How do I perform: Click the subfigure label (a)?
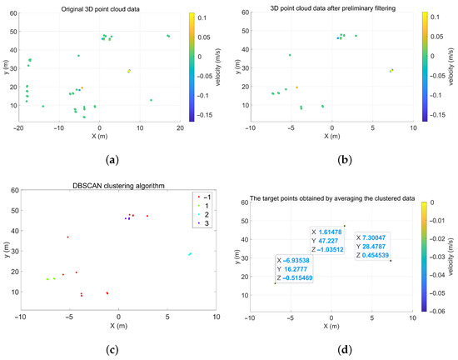[112, 159]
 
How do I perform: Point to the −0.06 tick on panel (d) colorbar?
[434, 309]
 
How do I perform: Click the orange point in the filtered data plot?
[296, 87]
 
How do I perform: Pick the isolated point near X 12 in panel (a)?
[151, 100]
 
